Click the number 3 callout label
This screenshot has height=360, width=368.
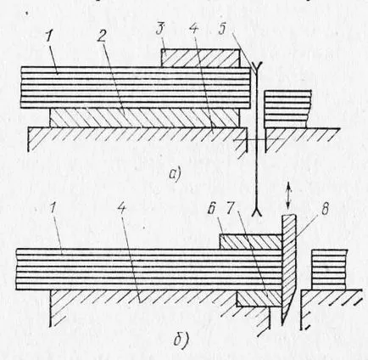[161, 29]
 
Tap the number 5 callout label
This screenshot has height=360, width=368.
[223, 29]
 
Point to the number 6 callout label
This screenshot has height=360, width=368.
[211, 210]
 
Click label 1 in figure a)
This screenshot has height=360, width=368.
[51, 36]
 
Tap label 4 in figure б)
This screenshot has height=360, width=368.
[121, 210]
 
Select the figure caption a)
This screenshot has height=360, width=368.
[175, 174]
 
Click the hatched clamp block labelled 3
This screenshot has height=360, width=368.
[200, 58]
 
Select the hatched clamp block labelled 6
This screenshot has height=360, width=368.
[251, 241]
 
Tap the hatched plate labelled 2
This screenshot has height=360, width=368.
[145, 118]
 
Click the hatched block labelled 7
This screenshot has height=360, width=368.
[259, 300]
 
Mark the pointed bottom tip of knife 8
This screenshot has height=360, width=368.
[282, 326]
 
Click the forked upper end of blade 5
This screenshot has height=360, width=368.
[256, 67]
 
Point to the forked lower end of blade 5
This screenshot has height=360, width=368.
[258, 212]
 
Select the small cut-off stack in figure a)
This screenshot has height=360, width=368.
[287, 109]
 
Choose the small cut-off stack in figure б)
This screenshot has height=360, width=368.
[329, 269]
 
